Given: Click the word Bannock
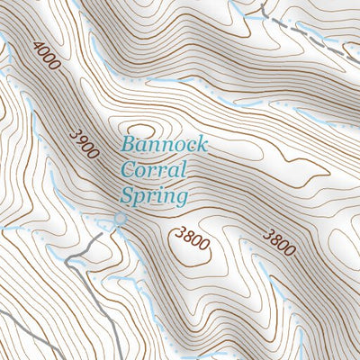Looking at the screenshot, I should [166, 145].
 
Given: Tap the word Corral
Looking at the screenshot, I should [153, 169].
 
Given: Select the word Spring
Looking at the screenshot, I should [156, 194].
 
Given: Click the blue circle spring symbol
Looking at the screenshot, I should [119, 219].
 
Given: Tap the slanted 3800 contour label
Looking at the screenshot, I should [278, 242].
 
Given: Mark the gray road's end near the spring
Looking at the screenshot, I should [112, 226].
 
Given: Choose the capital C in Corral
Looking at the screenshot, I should [128, 169].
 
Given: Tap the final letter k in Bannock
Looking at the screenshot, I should [202, 145].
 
